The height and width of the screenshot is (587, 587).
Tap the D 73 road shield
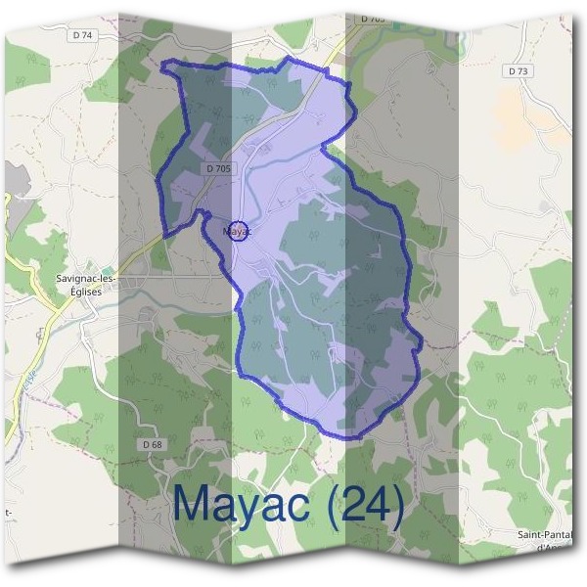519,71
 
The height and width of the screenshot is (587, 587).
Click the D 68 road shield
152,444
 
